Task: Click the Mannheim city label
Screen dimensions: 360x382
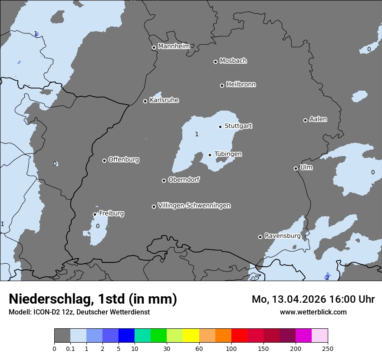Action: click(174, 46)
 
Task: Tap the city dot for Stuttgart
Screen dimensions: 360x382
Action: click(220, 127)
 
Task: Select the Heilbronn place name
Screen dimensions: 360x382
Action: click(241, 85)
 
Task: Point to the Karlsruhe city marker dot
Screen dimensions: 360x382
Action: click(145, 101)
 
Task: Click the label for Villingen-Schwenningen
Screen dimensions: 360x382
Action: click(194, 206)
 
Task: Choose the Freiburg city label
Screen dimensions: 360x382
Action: click(111, 213)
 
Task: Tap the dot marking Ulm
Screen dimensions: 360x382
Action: click(296, 168)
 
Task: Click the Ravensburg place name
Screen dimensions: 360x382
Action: click(282, 236)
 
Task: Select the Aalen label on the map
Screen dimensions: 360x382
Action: click(318, 119)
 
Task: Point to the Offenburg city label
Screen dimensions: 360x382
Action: click(124, 160)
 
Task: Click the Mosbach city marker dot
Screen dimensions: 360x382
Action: click(215, 62)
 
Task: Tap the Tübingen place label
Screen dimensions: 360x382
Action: click(228, 154)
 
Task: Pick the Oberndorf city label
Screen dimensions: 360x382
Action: click(184, 180)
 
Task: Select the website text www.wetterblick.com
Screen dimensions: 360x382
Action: click(313, 312)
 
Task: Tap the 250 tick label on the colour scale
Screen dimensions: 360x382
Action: click(327, 348)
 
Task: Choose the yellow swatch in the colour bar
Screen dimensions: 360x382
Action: click(191, 336)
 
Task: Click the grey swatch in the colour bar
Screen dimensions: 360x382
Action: click(62, 336)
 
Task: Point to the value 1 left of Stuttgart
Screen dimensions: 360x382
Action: click(197, 134)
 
